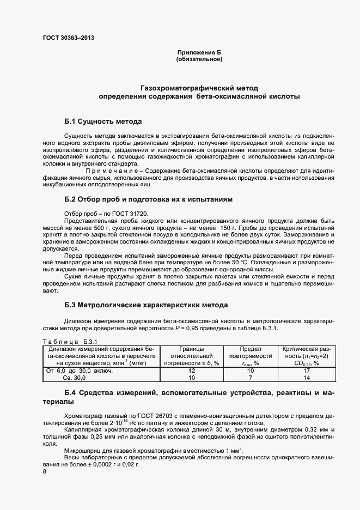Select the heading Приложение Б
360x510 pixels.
click(x=199, y=52)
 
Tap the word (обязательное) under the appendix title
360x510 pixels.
click(x=199, y=59)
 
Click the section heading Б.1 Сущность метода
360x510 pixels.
click(x=103, y=121)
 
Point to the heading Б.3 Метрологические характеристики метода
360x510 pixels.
click(x=146, y=305)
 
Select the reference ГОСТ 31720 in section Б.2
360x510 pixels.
click(x=131, y=213)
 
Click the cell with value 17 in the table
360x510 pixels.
click(x=307, y=371)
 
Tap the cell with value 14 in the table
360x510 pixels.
click(x=307, y=377)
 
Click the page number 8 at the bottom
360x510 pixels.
click(x=44, y=472)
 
